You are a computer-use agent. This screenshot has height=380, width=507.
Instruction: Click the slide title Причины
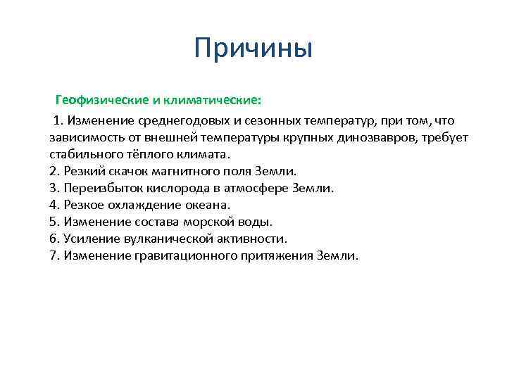[x=253, y=49]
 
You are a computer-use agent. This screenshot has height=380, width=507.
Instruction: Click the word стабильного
[x=85, y=154]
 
